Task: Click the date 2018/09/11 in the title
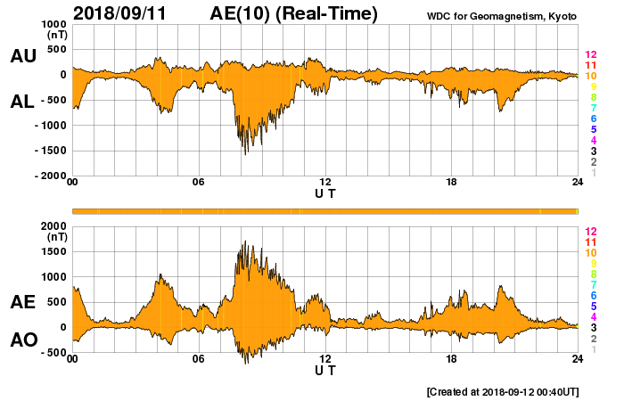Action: click(119, 13)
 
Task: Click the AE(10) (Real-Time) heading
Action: click(294, 13)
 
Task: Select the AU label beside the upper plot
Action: click(22, 56)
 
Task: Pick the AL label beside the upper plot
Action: click(22, 101)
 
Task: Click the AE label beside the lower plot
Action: click(22, 302)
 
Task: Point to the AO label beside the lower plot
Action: click(22, 340)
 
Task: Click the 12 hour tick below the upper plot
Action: click(325, 184)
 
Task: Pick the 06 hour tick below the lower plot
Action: click(198, 359)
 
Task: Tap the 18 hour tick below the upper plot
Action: click(452, 184)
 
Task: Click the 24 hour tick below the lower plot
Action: click(578, 359)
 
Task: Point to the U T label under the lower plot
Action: click(325, 370)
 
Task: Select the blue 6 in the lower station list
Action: click(590, 295)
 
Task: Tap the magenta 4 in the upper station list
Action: click(590, 141)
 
